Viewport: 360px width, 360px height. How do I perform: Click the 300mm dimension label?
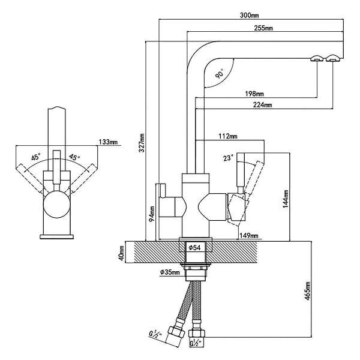pyautogui.click(x=250, y=16)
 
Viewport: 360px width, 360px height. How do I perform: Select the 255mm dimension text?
pyautogui.click(x=263, y=28)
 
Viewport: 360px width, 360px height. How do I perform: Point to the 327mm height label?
pyautogui.click(x=142, y=143)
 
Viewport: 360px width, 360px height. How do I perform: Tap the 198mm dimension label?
pyautogui.click(x=254, y=94)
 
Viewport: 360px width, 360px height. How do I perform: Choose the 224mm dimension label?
pyautogui.click(x=262, y=105)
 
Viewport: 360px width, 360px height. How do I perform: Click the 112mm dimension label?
pyautogui.click(x=228, y=136)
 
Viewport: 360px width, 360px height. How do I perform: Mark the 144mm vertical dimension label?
pyautogui.click(x=286, y=199)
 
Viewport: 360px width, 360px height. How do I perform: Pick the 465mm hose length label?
pyautogui.click(x=307, y=291)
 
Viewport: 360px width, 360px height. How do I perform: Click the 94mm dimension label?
pyautogui.click(x=152, y=214)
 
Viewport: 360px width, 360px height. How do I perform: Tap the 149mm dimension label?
pyautogui.click(x=248, y=236)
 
